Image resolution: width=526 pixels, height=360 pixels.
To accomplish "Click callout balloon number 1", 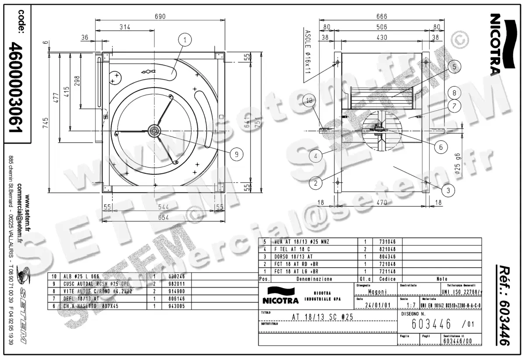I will pos(185,40).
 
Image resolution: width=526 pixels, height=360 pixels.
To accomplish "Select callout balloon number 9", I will pos(236,154).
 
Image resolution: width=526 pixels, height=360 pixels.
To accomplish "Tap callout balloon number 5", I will pos(454,67).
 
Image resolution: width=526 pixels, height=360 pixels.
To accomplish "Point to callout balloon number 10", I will pos(310,101).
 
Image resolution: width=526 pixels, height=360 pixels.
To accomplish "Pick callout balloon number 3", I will pos(448,190).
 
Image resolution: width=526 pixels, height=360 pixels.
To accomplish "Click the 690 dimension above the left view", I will pos(160,17).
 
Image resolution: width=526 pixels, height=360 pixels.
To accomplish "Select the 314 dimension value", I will pos(125,27).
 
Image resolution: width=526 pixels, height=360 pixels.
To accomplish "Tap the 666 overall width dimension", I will pos(382,17).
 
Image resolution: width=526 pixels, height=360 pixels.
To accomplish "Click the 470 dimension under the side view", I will pos(382,203).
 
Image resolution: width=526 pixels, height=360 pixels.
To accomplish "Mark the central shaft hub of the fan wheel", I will pos(154,130).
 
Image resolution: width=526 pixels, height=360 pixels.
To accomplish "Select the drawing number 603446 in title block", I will pos(432,325).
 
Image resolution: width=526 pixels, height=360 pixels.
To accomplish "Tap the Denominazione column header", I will pos(314,279).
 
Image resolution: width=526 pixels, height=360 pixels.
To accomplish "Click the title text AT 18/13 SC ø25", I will pos(322,317).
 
